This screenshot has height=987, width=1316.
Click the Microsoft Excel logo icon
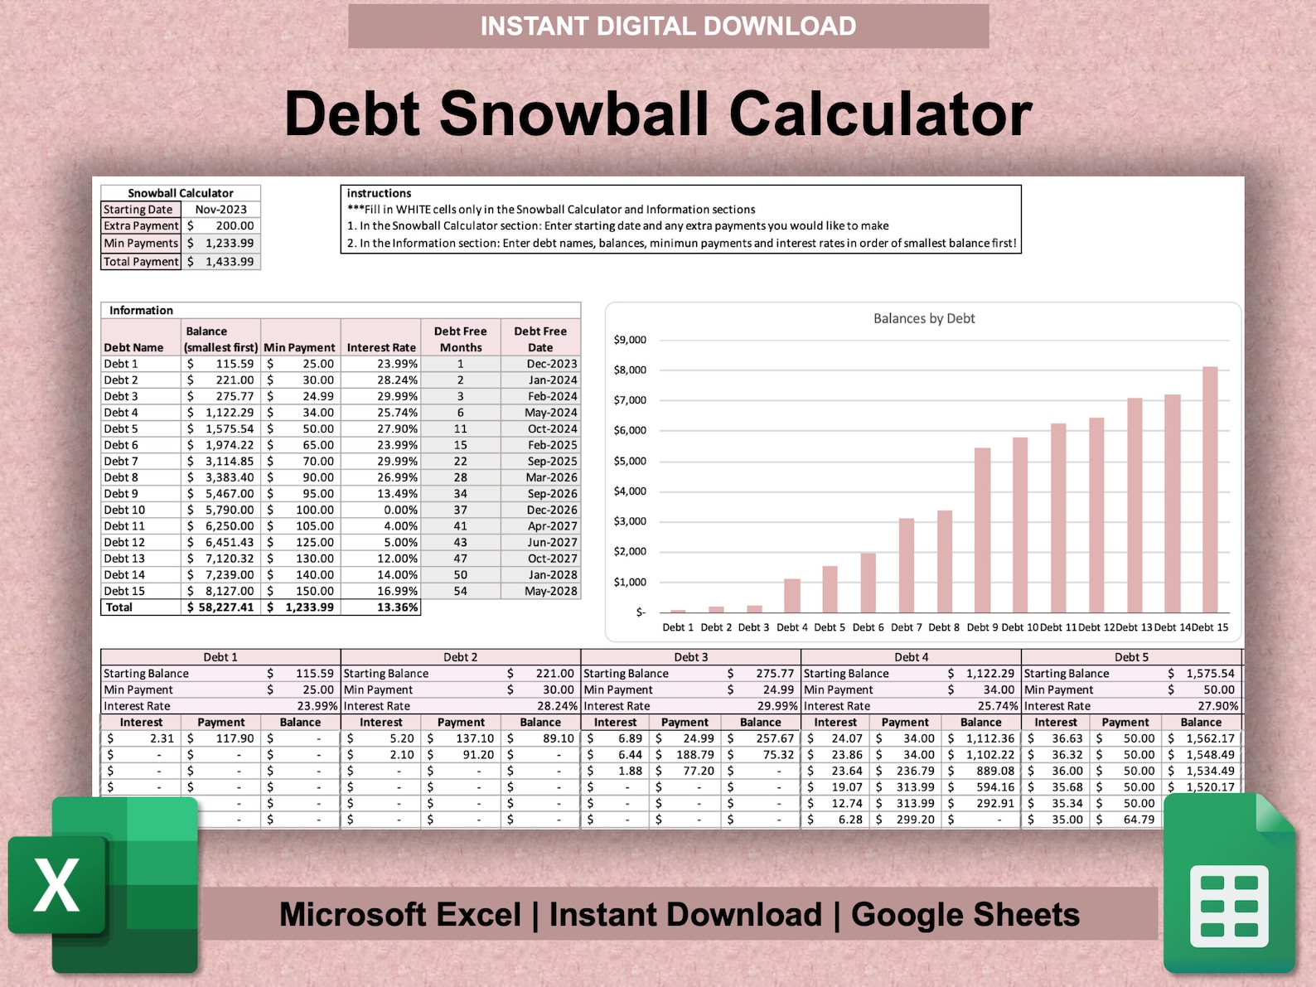click(x=104, y=885)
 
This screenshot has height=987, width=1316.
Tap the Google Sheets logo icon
click(x=1230, y=885)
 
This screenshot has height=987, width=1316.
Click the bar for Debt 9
click(x=982, y=530)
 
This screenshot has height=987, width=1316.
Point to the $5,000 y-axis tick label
click(x=630, y=461)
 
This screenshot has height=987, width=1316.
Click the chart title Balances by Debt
click(x=924, y=318)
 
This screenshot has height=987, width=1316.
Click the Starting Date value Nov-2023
click(x=221, y=210)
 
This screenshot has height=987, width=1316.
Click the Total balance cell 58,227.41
click(x=220, y=607)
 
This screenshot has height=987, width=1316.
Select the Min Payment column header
click(x=299, y=347)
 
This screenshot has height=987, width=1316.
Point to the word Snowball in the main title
click(x=573, y=114)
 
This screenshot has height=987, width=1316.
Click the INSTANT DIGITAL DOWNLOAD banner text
click(x=668, y=27)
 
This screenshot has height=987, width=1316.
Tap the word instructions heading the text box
click(x=379, y=193)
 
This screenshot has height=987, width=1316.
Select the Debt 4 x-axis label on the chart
click(x=791, y=627)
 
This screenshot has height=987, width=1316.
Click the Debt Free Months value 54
click(x=460, y=591)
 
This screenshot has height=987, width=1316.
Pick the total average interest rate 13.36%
click(x=397, y=607)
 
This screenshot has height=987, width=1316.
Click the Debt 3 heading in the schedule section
click(x=690, y=657)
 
